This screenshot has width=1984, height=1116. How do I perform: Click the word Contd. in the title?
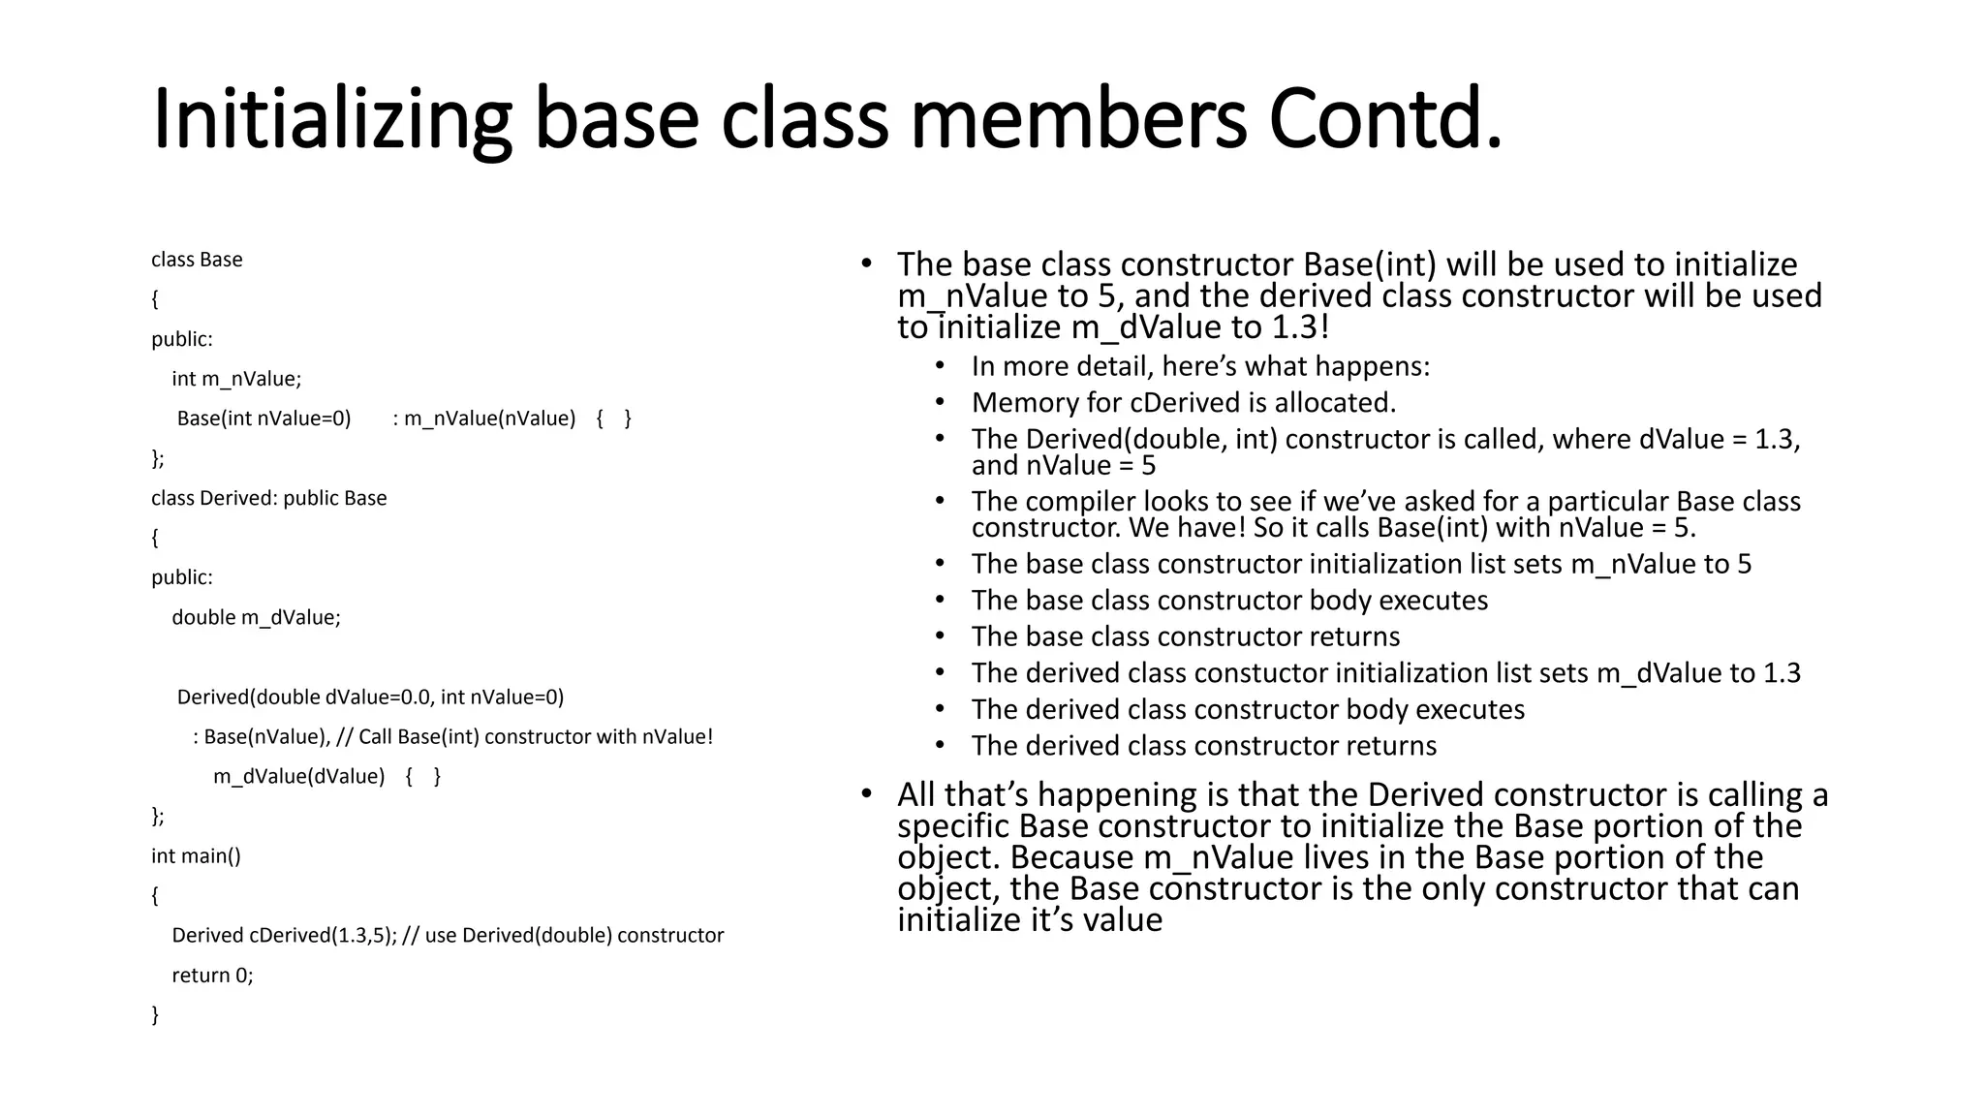(x=1385, y=120)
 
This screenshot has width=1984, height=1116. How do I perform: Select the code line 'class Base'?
(x=197, y=260)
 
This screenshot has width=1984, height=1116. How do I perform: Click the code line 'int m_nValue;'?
(x=236, y=379)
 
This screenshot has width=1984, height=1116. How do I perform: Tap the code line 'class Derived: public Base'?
(x=268, y=498)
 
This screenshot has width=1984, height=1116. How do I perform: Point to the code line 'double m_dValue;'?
(x=256, y=617)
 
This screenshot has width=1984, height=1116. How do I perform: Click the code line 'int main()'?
(x=196, y=855)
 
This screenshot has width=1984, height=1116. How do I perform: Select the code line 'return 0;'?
(x=212, y=975)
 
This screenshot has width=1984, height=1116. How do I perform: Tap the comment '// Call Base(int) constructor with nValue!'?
(x=525, y=736)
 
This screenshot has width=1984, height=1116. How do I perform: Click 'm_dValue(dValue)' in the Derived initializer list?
(x=298, y=776)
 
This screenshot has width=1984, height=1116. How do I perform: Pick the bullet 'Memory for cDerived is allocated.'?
(x=1183, y=402)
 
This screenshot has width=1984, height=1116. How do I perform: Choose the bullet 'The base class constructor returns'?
(x=1185, y=636)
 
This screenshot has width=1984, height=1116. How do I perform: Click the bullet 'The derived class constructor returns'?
(x=1203, y=745)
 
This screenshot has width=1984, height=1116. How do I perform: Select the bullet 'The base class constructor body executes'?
(x=1229, y=600)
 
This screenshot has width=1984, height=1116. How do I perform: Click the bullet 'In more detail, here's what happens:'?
(x=1200, y=366)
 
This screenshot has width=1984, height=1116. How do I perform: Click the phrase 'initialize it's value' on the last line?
(x=1029, y=919)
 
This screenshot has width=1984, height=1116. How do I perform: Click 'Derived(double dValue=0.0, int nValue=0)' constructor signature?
(x=370, y=697)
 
